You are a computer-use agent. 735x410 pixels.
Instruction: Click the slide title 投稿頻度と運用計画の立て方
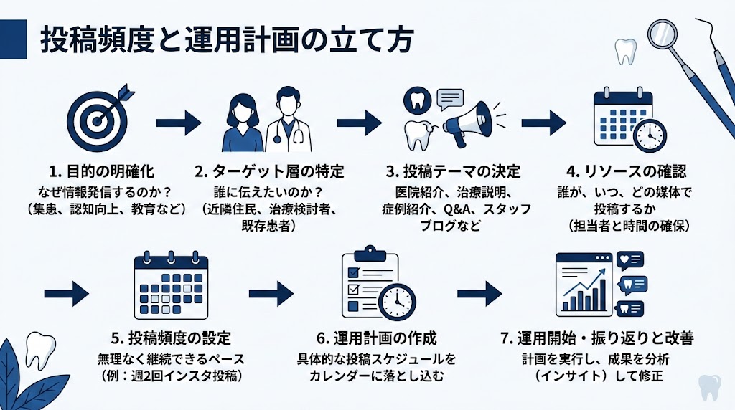pyautogui.click(x=225, y=40)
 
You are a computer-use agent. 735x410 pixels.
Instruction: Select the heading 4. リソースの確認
pyautogui.click(x=626, y=172)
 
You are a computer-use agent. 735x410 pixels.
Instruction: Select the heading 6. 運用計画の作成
pyautogui.click(x=377, y=338)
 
